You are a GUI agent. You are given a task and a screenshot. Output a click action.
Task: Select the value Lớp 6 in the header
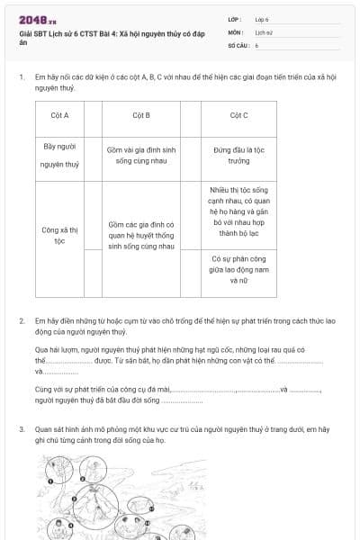pos(262,18)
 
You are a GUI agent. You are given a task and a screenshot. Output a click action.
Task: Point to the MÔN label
pos(235,31)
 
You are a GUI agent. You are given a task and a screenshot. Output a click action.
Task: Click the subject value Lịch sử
pos(264,31)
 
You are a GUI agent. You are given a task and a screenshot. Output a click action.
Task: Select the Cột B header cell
pos(141,115)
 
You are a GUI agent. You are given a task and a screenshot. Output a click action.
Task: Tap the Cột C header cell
pos(238,115)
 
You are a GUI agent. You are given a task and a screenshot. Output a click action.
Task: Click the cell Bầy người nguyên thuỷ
pos(61,155)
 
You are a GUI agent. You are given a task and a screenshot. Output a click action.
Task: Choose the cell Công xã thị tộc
pos(61,236)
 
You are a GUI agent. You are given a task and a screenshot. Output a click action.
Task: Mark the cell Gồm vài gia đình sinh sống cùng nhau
pos(141,155)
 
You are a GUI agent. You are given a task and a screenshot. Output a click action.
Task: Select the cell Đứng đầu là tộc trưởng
pos(238,155)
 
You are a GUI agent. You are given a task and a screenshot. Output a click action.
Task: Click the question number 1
pos(21,77)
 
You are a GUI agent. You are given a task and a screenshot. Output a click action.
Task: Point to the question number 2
pos(21,320)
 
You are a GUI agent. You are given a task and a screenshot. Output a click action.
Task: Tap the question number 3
pos(21,430)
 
